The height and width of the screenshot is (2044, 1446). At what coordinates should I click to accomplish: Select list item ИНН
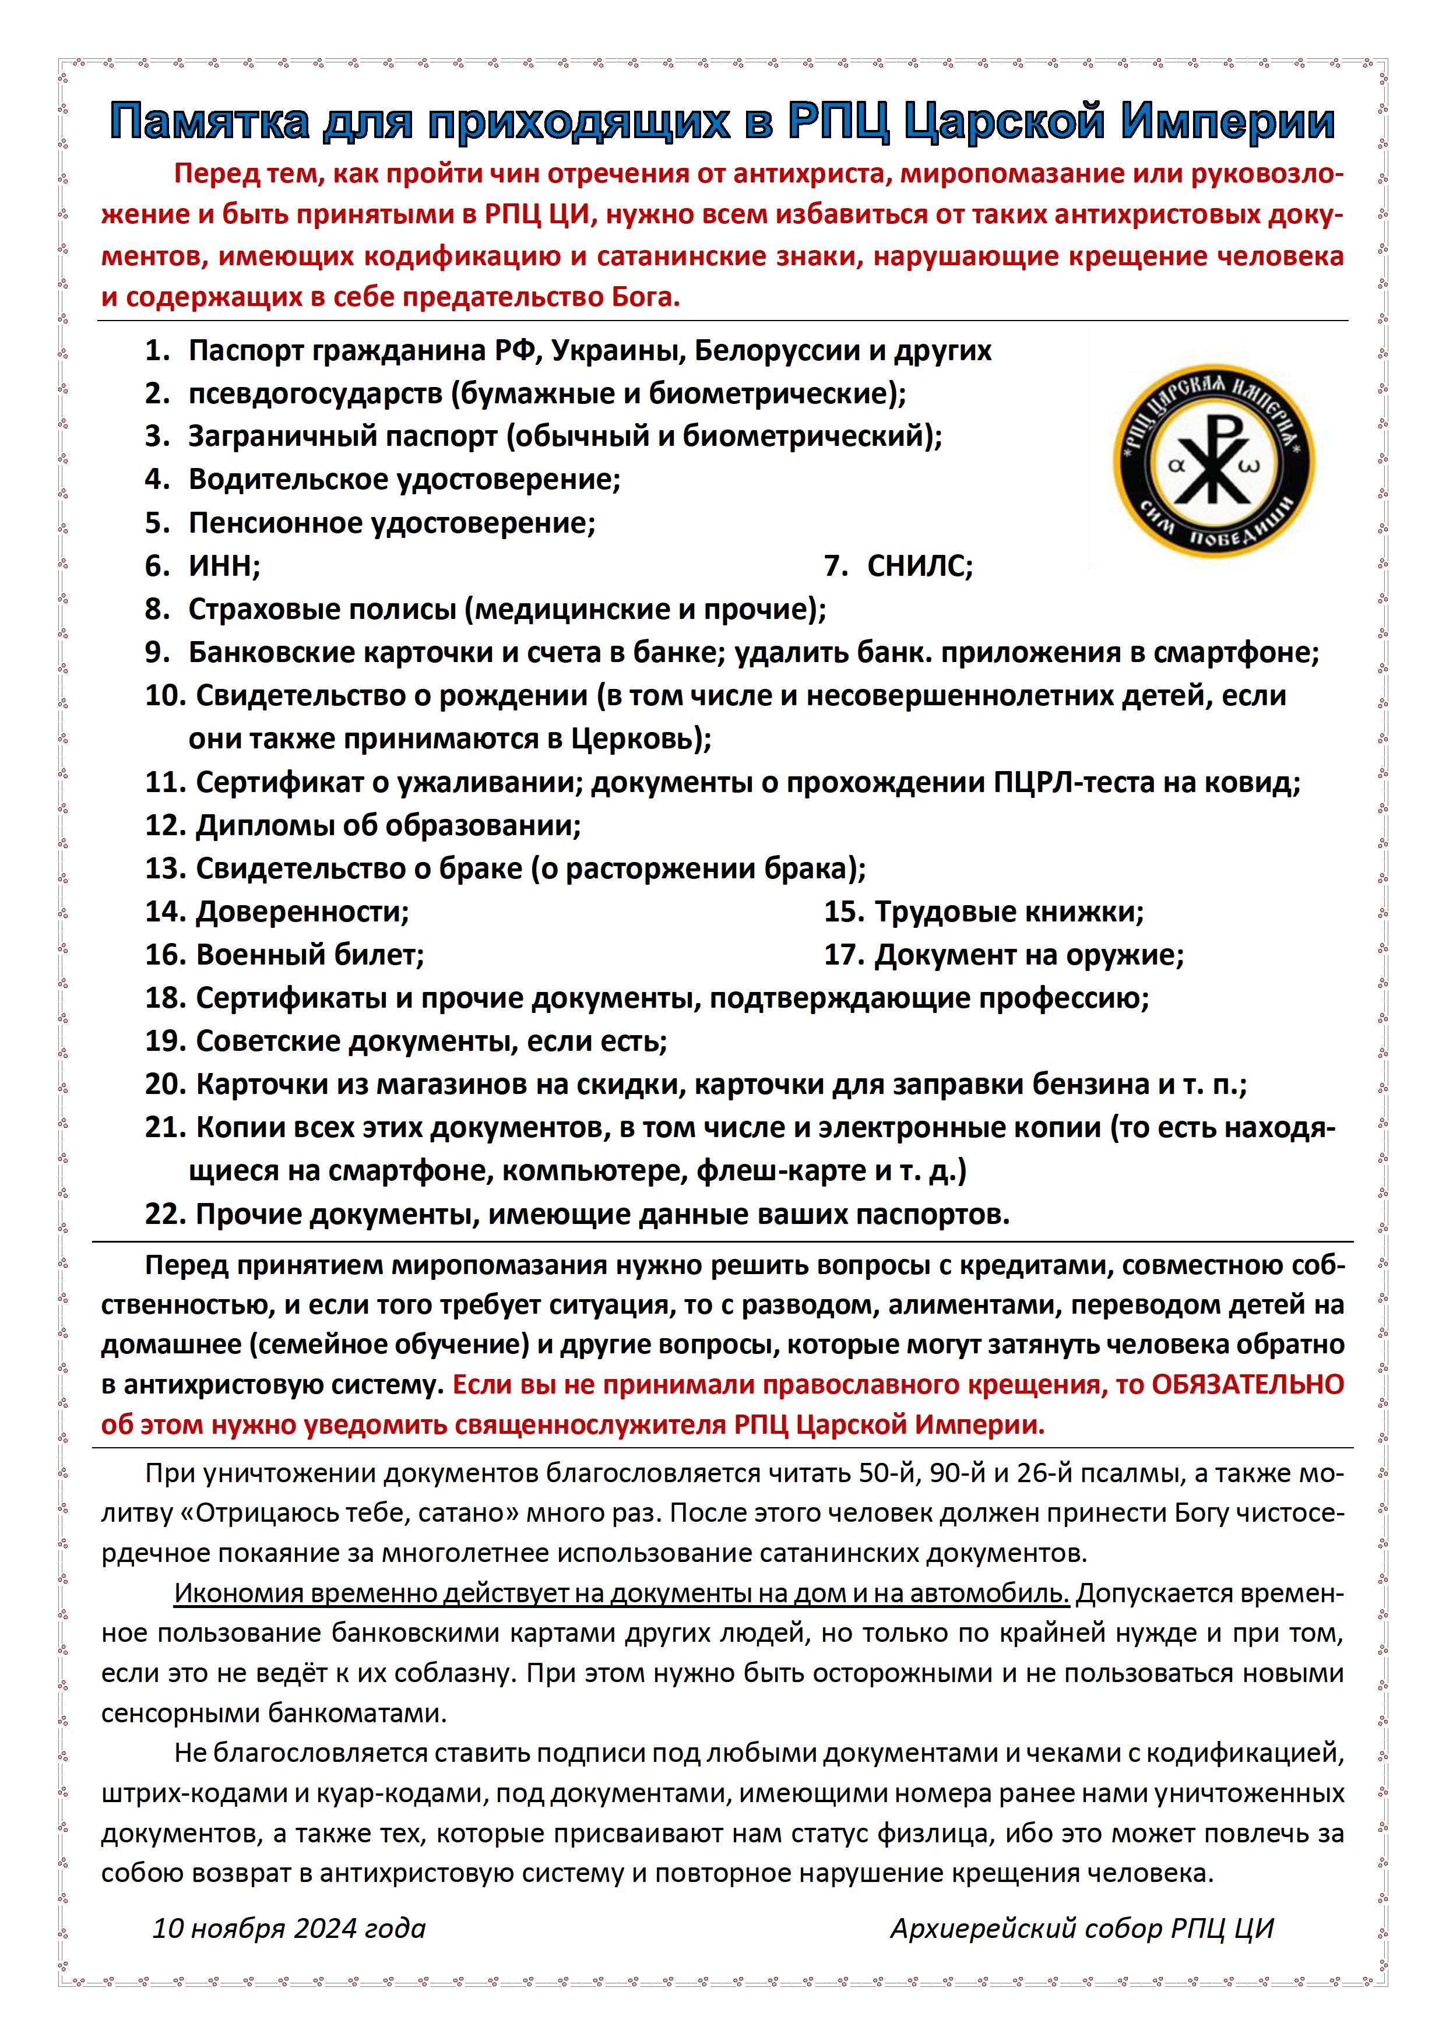(x=223, y=566)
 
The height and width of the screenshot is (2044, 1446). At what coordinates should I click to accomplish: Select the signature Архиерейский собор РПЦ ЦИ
(x=1082, y=1928)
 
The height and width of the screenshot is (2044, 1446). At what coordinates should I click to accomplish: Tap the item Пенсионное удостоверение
(x=391, y=523)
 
